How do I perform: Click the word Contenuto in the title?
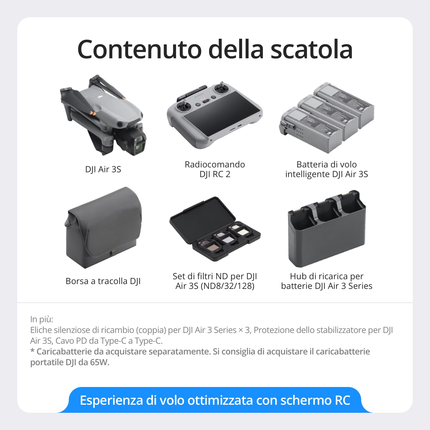click(x=139, y=49)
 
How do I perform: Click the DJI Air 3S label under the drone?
click(x=103, y=169)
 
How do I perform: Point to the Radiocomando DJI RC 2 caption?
click(x=215, y=169)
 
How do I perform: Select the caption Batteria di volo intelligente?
click(x=327, y=169)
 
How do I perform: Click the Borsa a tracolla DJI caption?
click(x=103, y=281)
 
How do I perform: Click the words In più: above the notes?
click(x=42, y=319)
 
